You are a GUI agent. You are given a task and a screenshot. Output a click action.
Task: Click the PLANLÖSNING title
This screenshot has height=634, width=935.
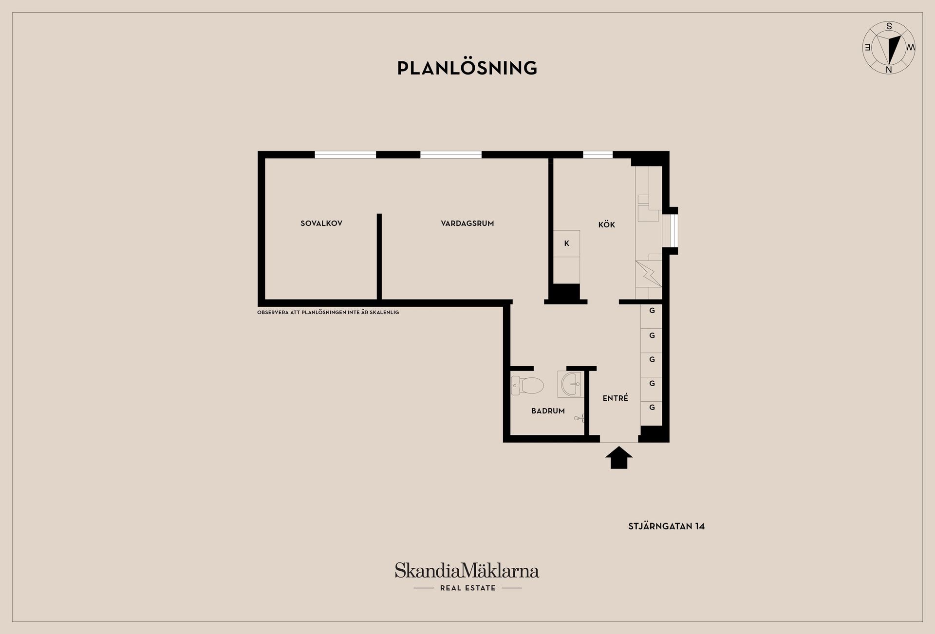point(467,68)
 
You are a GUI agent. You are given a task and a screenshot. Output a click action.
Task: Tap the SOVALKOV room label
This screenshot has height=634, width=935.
point(321,224)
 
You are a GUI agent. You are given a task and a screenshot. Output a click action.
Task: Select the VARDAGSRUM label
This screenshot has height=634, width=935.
point(467,224)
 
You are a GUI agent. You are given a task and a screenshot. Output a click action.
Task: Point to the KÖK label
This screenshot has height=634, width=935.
point(607,224)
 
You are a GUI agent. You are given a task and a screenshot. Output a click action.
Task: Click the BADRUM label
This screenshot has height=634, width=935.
point(548,411)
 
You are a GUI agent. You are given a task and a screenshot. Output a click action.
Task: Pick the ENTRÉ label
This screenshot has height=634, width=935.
point(616,398)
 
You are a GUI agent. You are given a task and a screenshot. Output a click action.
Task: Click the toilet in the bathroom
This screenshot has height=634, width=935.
point(527,386)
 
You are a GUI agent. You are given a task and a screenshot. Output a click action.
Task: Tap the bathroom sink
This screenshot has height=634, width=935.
point(570,385)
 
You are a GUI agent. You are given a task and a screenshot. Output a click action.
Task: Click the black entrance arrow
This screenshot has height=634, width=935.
point(619,458)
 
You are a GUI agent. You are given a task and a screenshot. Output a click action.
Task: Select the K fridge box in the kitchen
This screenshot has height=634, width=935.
point(567,243)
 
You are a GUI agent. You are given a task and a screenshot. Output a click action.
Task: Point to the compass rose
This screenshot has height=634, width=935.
point(889,48)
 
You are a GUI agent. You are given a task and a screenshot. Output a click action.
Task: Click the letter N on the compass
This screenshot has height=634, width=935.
point(889,70)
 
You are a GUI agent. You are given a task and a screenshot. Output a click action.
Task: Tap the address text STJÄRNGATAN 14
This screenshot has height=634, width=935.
point(666,526)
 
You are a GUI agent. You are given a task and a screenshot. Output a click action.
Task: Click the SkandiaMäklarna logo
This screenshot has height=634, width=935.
point(467,570)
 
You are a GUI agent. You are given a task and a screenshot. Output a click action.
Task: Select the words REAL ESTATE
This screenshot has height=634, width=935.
point(468,588)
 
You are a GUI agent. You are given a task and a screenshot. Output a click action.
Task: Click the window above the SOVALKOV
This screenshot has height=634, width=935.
point(345,155)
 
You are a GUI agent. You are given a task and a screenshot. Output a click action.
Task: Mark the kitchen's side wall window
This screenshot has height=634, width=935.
point(673,231)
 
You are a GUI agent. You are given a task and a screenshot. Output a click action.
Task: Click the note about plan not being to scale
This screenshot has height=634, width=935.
point(328,312)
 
